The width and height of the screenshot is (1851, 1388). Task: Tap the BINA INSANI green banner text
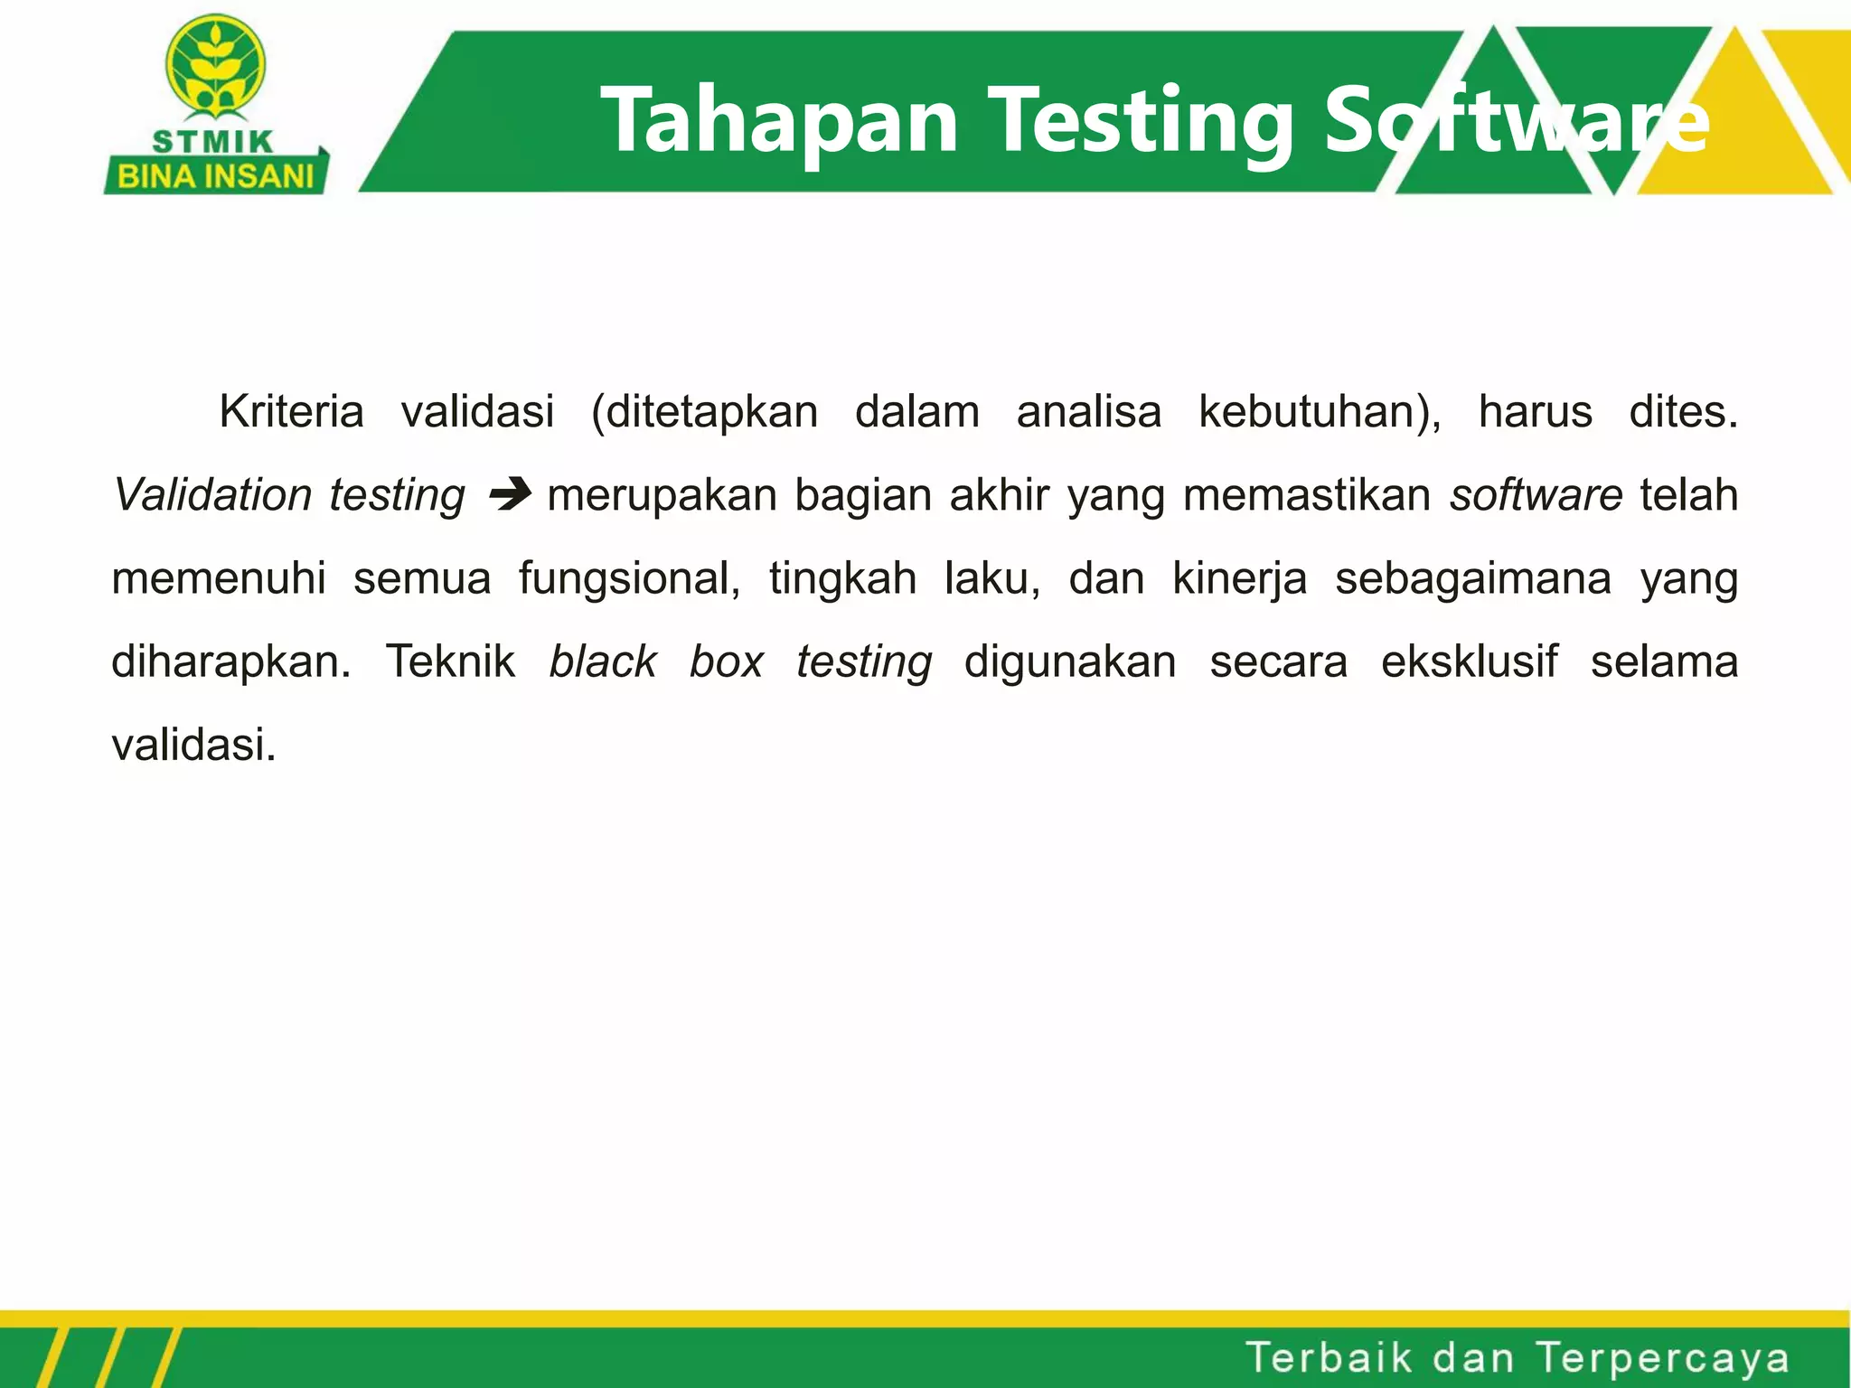tap(215, 175)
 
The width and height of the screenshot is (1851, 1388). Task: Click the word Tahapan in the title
tap(779, 120)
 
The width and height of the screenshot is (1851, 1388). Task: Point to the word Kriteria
tap(291, 412)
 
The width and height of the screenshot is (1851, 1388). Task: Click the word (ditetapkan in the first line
tap(704, 412)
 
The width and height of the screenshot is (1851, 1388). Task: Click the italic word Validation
tap(213, 495)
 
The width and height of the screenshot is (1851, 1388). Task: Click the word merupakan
tap(662, 495)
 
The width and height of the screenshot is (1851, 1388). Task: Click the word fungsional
tap(629, 578)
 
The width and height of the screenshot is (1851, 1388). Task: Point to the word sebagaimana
tap(1473, 579)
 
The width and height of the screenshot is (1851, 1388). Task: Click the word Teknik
tap(450, 661)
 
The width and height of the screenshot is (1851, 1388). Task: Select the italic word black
tap(603, 661)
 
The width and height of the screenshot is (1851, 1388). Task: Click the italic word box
tap(727, 661)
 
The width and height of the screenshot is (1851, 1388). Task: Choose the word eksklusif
tap(1470, 661)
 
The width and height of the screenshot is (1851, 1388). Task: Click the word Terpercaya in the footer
tap(1662, 1358)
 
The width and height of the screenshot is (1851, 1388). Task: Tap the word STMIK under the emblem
tap(213, 142)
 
